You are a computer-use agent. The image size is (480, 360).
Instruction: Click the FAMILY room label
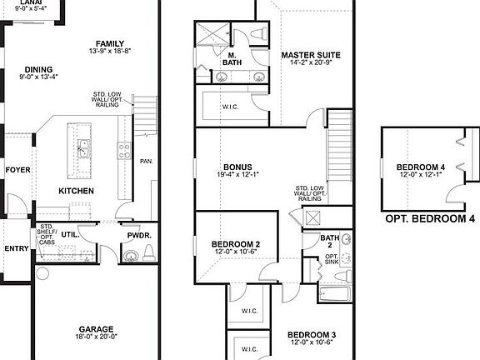[110, 43]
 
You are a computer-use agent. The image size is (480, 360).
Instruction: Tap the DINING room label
[39, 70]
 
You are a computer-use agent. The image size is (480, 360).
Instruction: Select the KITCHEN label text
[76, 191]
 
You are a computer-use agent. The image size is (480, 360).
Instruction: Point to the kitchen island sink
[84, 150]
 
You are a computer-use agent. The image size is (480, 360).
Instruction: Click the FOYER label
[17, 170]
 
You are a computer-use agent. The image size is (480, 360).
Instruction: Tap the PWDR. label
[139, 236]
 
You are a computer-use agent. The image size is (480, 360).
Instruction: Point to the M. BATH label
[233, 59]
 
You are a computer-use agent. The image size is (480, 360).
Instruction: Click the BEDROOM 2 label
[235, 244]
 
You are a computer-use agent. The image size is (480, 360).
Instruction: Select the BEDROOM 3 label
[312, 333]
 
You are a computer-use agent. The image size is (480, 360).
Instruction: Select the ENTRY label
[16, 247]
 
